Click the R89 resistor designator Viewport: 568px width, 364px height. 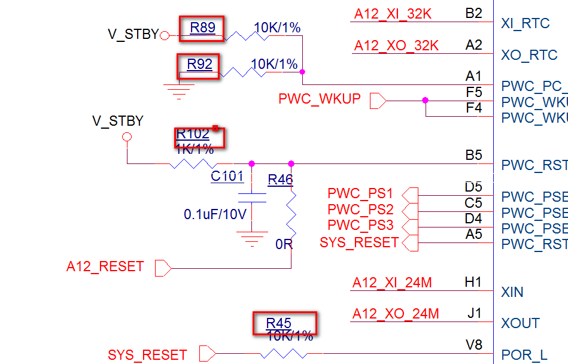(202, 28)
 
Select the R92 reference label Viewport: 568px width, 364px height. (199, 64)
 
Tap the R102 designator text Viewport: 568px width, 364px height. (193, 134)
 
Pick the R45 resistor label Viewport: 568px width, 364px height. (279, 323)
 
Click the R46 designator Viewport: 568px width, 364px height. (280, 179)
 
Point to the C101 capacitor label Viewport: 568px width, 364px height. (227, 176)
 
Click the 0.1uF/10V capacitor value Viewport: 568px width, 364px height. (215, 214)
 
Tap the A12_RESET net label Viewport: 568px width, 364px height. (105, 266)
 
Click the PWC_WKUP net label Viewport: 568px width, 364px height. (320, 98)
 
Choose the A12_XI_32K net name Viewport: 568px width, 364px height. (393, 14)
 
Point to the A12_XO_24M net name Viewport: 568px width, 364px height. (396, 313)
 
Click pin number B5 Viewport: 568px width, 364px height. (473, 155)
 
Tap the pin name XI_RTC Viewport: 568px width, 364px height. (525, 23)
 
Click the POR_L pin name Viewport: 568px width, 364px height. (524, 355)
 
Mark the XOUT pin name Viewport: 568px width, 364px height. (520, 323)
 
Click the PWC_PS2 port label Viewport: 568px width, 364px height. (360, 210)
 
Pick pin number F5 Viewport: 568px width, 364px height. (473, 92)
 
